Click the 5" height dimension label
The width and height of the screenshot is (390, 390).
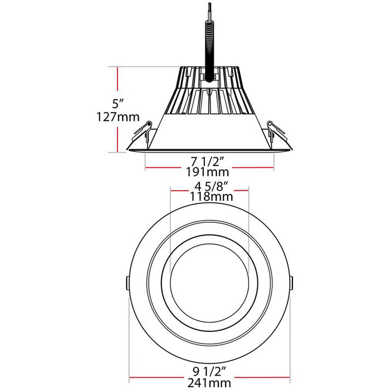115,104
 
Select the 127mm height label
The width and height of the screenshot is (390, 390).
116,118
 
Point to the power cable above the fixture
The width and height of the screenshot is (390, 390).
209,45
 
